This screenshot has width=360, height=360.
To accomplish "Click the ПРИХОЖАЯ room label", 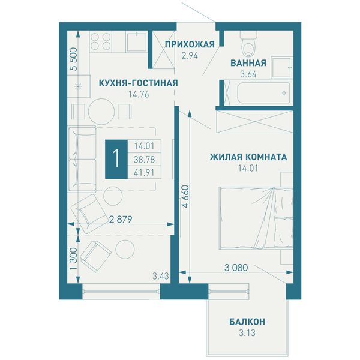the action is click(x=190, y=44).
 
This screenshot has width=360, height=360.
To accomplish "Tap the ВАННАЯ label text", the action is click(x=248, y=63).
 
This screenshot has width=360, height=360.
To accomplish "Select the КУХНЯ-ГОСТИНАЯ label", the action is click(x=138, y=83).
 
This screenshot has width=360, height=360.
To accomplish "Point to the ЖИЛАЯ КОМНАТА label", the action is click(x=248, y=157).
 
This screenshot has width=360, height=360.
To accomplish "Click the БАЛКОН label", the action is click(x=247, y=322).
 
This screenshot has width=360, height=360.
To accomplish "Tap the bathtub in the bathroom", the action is click(x=263, y=93).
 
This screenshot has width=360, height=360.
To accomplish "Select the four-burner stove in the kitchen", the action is click(x=100, y=41).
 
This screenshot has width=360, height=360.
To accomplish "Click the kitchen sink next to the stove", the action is click(x=137, y=42).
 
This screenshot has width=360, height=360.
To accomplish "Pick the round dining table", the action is click(x=101, y=112).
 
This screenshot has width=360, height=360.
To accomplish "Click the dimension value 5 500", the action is click(x=74, y=59).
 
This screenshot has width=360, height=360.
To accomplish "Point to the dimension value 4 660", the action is click(x=185, y=196).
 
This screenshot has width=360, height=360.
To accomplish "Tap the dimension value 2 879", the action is click(x=121, y=220).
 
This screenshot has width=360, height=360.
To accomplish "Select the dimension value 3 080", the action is click(x=236, y=268).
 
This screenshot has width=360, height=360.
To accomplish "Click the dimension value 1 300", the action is click(x=73, y=259).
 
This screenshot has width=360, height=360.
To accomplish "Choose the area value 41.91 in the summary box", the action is click(x=144, y=172).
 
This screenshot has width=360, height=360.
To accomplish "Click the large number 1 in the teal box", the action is click(x=116, y=159).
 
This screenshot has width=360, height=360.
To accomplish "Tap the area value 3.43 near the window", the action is click(x=161, y=276).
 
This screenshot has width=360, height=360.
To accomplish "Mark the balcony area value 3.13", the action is click(x=247, y=333).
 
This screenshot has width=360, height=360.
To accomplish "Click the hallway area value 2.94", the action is click(x=190, y=56).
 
